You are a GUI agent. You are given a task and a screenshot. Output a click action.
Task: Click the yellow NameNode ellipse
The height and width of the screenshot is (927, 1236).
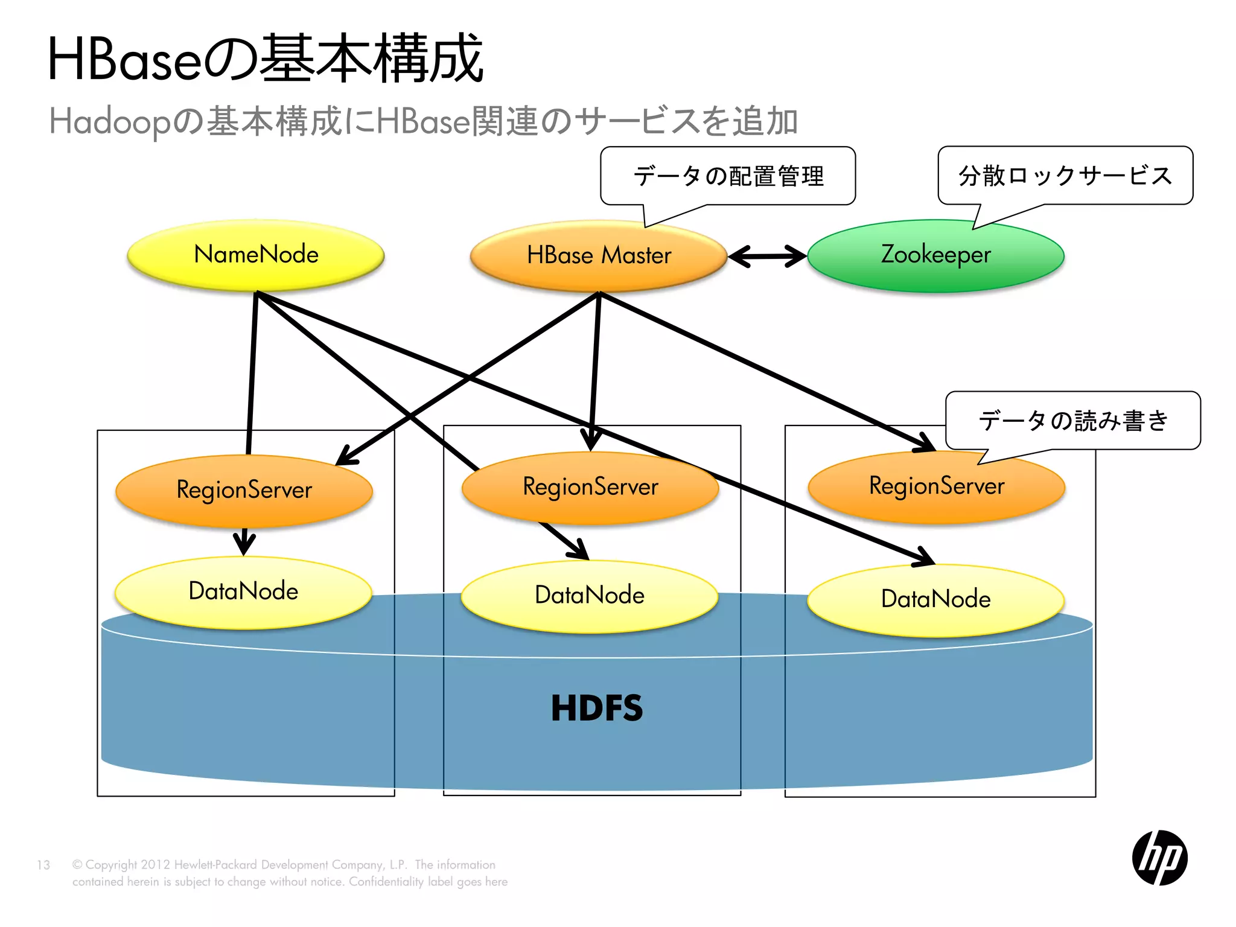[x=256, y=255]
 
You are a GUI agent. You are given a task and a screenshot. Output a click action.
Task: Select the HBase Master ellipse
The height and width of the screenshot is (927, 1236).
[x=598, y=256]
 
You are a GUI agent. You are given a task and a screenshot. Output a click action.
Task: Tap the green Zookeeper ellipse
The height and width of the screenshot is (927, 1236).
[x=935, y=255]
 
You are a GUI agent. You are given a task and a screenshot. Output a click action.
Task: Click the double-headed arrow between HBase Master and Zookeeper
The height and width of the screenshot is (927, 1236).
[x=767, y=256]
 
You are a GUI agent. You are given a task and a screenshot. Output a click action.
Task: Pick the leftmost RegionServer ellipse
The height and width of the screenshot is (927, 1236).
[x=244, y=489]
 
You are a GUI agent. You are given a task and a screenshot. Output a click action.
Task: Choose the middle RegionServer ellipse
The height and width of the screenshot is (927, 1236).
[x=590, y=487]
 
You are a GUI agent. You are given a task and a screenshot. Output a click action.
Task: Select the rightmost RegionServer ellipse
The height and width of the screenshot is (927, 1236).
[x=936, y=486]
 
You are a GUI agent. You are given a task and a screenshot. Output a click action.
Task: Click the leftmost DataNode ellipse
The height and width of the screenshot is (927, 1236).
[x=243, y=591]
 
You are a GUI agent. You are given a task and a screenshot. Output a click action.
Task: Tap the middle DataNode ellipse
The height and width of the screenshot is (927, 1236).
[x=589, y=596]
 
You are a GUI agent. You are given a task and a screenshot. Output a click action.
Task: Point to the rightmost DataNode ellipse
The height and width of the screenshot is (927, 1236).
[x=935, y=599]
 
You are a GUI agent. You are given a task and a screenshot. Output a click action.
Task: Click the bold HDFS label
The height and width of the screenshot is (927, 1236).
[x=596, y=709]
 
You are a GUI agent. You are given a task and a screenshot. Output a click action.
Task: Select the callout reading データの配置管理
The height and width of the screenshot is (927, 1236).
[x=728, y=176]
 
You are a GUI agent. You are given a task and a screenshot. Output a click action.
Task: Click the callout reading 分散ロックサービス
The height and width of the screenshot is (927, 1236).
[x=1065, y=176]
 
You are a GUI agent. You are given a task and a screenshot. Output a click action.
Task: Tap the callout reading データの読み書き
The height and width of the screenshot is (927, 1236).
[x=1072, y=421]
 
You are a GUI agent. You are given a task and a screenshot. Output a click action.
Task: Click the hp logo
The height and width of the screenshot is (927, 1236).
[x=1159, y=858]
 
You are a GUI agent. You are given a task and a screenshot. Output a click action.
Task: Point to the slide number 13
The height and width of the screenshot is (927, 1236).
[x=43, y=865]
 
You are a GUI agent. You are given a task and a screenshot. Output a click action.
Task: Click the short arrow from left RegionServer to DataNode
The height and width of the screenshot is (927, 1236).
[x=244, y=541]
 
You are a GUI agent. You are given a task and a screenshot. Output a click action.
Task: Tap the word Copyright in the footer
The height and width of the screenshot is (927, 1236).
[x=111, y=865]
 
